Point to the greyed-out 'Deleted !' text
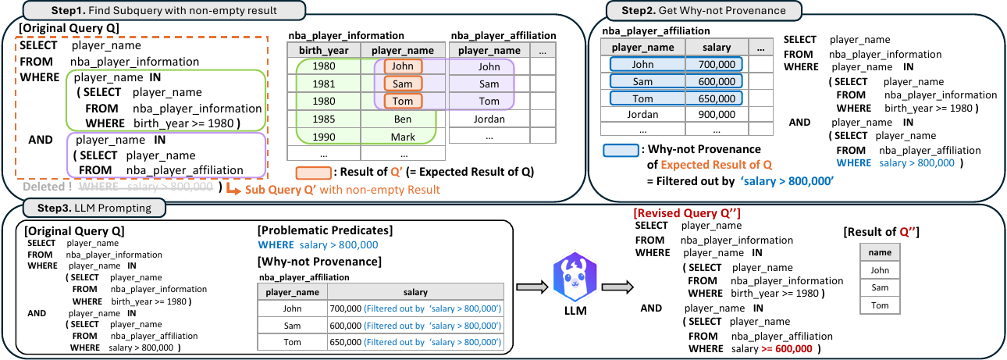[48, 187]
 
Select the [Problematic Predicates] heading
[324, 230]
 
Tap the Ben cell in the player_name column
[403, 119]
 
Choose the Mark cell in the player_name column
[403, 137]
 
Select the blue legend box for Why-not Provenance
[619, 150]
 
